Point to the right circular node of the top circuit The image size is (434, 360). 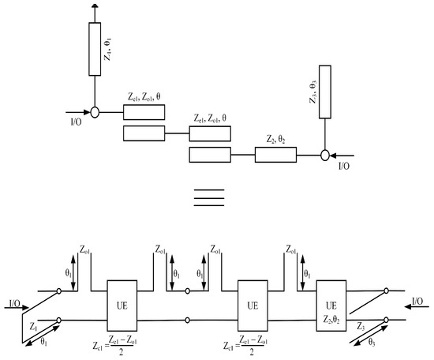[x=324, y=155]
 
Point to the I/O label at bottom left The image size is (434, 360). [x=13, y=302]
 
